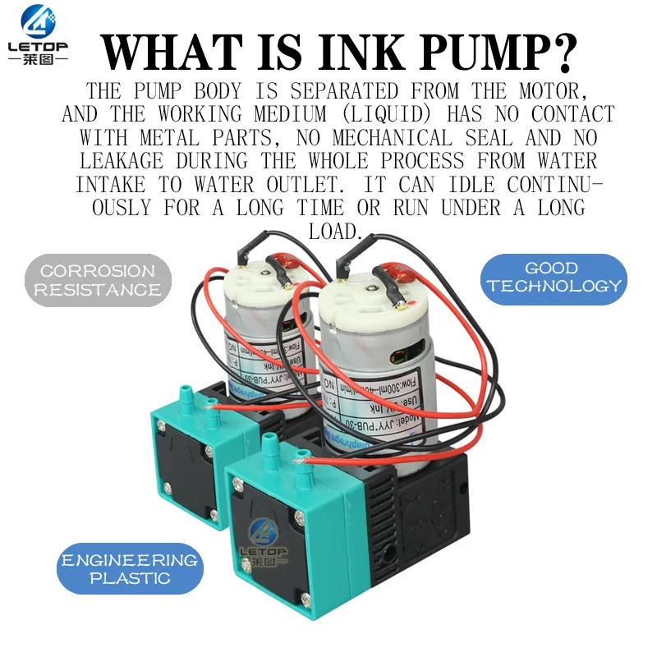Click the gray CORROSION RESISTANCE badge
(97, 280)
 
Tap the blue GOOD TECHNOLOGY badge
(553, 278)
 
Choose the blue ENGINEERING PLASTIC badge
(129, 568)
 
